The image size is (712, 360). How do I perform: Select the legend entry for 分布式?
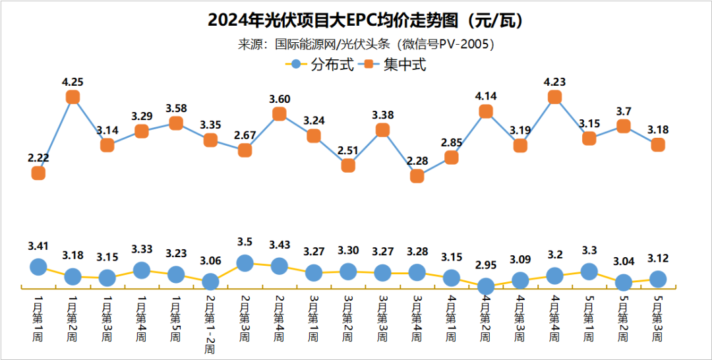click(x=323, y=65)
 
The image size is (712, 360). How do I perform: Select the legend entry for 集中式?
click(x=395, y=65)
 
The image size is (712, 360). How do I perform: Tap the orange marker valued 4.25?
click(x=73, y=97)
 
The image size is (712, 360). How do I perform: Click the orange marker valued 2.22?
click(x=38, y=173)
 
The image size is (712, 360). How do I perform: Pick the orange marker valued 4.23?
click(x=554, y=97)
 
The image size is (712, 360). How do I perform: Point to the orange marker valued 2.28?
click(x=417, y=176)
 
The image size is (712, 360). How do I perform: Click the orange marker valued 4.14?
click(x=486, y=111)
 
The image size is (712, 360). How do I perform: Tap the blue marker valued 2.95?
click(x=486, y=286)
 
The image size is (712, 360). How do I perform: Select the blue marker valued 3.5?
click(x=245, y=262)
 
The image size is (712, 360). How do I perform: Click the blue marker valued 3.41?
click(x=38, y=266)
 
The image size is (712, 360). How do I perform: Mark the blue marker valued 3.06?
click(x=210, y=282)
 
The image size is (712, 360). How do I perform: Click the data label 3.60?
click(x=280, y=99)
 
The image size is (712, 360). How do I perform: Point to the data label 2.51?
click(x=348, y=150)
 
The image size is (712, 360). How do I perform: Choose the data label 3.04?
click(x=623, y=261)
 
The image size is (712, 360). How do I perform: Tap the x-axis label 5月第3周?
click(x=657, y=318)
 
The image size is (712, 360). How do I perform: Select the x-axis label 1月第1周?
click(x=38, y=318)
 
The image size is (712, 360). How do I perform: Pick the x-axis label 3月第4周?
click(x=417, y=318)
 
